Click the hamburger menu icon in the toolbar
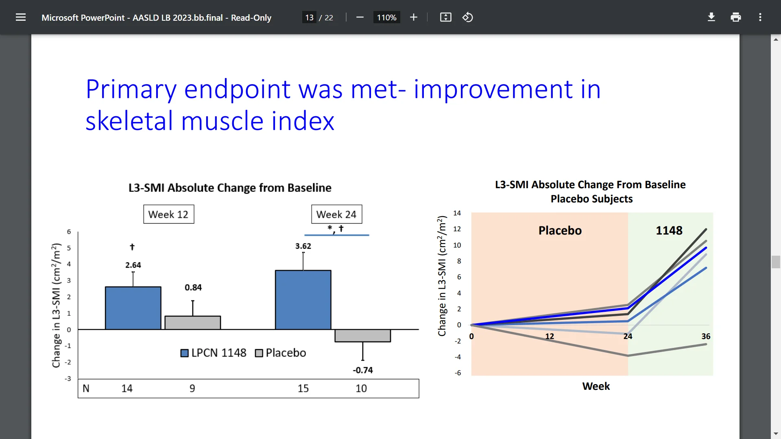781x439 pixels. click(21, 17)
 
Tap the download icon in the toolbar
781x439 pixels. click(711, 17)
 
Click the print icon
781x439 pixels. click(735, 17)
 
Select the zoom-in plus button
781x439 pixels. click(413, 17)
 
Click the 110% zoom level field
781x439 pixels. click(386, 17)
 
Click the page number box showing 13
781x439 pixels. click(309, 17)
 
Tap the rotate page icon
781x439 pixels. click(467, 17)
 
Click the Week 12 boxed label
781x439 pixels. click(168, 214)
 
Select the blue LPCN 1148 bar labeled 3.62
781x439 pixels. click(303, 300)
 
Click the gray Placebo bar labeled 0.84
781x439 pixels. click(192, 322)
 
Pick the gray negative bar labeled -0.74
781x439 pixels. click(362, 336)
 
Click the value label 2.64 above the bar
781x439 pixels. click(133, 265)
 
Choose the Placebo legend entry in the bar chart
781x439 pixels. click(281, 353)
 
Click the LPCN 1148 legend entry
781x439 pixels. click(214, 353)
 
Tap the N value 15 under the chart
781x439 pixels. click(303, 389)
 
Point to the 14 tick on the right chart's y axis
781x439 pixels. click(457, 213)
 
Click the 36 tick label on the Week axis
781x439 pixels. click(706, 336)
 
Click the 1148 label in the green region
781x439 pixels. click(669, 230)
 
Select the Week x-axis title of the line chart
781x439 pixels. click(596, 386)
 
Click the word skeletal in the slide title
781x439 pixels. click(129, 121)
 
